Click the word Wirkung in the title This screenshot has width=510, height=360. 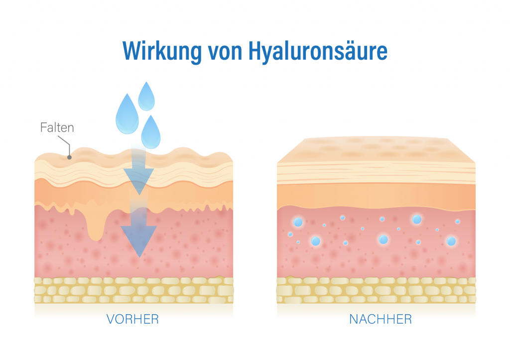162,51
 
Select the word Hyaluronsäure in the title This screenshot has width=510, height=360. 318,51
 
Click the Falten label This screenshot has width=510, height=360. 57,127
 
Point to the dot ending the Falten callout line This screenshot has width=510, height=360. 69,157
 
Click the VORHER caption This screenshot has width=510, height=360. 132,319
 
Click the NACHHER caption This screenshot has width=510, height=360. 381,319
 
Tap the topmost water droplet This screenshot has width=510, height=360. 146,97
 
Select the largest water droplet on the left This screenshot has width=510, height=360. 127,115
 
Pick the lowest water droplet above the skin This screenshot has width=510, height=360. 151,132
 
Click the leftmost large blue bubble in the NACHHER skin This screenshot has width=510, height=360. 298,222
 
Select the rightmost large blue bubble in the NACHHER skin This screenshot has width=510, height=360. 451,241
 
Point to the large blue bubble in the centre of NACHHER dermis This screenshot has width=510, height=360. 383,240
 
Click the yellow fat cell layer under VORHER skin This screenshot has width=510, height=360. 133,290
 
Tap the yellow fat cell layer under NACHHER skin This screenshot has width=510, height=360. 377,290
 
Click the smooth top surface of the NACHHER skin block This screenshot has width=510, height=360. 377,149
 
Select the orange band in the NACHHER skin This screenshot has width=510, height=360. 377,196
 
